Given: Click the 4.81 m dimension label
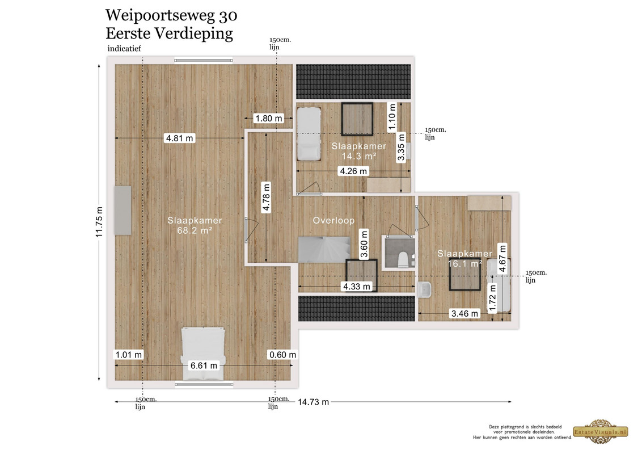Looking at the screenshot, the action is click(x=179, y=138).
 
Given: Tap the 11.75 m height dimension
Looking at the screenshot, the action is click(x=99, y=222).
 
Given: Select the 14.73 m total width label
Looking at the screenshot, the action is click(x=313, y=402).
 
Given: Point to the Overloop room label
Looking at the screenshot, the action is click(x=333, y=220).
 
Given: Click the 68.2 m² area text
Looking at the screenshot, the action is click(x=195, y=230).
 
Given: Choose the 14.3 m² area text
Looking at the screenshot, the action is click(x=359, y=156).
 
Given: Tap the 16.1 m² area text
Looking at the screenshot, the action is click(x=464, y=263).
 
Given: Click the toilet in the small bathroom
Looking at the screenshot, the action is click(x=403, y=259).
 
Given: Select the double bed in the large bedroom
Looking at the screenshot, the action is click(x=203, y=353).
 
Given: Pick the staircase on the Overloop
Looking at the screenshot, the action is click(x=324, y=250).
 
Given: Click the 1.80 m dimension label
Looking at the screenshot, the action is click(x=269, y=119).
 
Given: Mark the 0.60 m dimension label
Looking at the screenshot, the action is click(x=282, y=355).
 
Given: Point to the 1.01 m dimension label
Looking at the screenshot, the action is click(x=129, y=355).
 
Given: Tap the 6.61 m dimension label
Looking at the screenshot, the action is click(x=204, y=365).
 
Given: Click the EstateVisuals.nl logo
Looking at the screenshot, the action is click(x=601, y=431).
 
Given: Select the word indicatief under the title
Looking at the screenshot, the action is click(x=124, y=48).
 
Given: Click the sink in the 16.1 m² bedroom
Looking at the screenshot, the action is click(x=425, y=289).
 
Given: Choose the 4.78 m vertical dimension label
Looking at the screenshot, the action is click(x=266, y=197).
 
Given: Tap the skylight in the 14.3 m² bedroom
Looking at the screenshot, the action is click(x=357, y=119).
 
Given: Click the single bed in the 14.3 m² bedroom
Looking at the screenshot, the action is click(x=309, y=134).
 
